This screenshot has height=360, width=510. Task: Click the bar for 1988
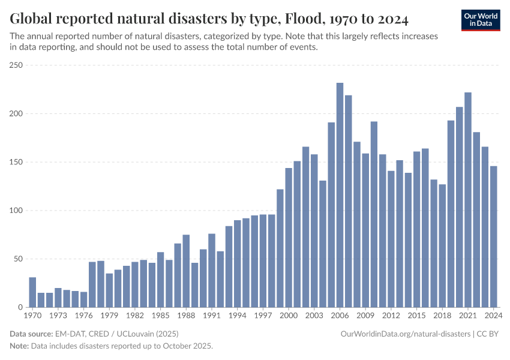(x=186, y=271)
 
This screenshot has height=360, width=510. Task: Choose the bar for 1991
(x=212, y=270)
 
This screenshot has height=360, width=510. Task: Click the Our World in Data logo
(x=481, y=20)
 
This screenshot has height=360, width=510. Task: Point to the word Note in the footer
(x=20, y=346)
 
